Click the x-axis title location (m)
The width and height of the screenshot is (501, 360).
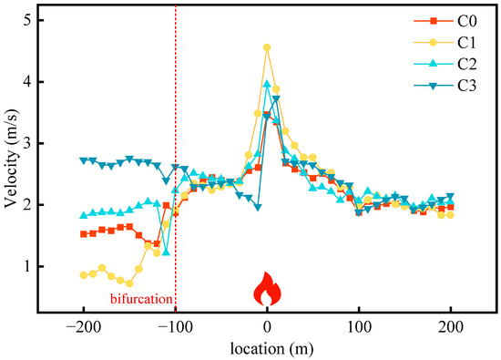click(267, 349)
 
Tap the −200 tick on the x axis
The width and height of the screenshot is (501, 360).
click(83, 328)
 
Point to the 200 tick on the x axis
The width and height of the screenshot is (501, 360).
click(450, 328)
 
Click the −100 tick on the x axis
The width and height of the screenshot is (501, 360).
click(175, 328)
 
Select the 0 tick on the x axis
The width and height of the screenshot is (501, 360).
click(267, 328)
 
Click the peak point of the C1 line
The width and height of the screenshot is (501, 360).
click(267, 47)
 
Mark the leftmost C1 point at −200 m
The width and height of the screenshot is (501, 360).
click(84, 274)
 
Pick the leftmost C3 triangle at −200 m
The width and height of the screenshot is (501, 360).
click(84, 160)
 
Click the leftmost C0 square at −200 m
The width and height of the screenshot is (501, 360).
click(84, 234)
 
